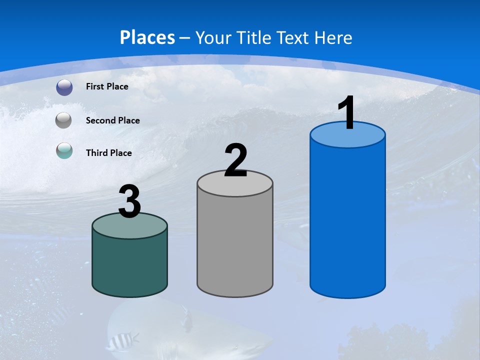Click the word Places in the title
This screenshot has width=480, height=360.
pyautogui.click(x=147, y=37)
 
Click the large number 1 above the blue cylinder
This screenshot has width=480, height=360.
pyautogui.click(x=347, y=112)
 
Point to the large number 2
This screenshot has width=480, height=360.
pyautogui.click(x=236, y=160)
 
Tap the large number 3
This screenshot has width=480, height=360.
pyautogui.click(x=129, y=202)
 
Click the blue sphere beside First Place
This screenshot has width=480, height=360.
pyautogui.click(x=64, y=87)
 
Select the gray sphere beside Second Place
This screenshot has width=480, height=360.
pyautogui.click(x=63, y=120)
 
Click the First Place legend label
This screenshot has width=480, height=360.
pyautogui.click(x=107, y=86)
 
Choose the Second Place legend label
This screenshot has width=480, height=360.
pyautogui.click(x=112, y=120)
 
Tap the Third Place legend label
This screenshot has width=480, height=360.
pyautogui.click(x=108, y=153)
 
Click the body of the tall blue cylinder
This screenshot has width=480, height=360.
pyautogui.click(x=347, y=220)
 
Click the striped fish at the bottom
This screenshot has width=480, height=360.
pyautogui.click(x=120, y=341)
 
